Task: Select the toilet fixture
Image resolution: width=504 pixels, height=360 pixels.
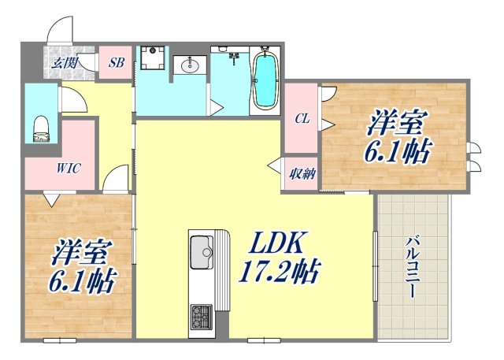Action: (x=42, y=128)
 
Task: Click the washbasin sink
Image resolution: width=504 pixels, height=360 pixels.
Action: (x=190, y=67)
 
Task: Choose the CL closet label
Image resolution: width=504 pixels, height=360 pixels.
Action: (x=302, y=119)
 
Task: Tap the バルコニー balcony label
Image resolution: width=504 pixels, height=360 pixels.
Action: (x=413, y=267)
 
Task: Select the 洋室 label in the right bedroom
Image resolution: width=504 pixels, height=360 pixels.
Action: (x=397, y=124)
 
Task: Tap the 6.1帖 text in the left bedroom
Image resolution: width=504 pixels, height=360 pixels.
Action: (x=83, y=280)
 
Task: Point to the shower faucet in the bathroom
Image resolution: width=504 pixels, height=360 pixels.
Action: (x=234, y=57)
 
